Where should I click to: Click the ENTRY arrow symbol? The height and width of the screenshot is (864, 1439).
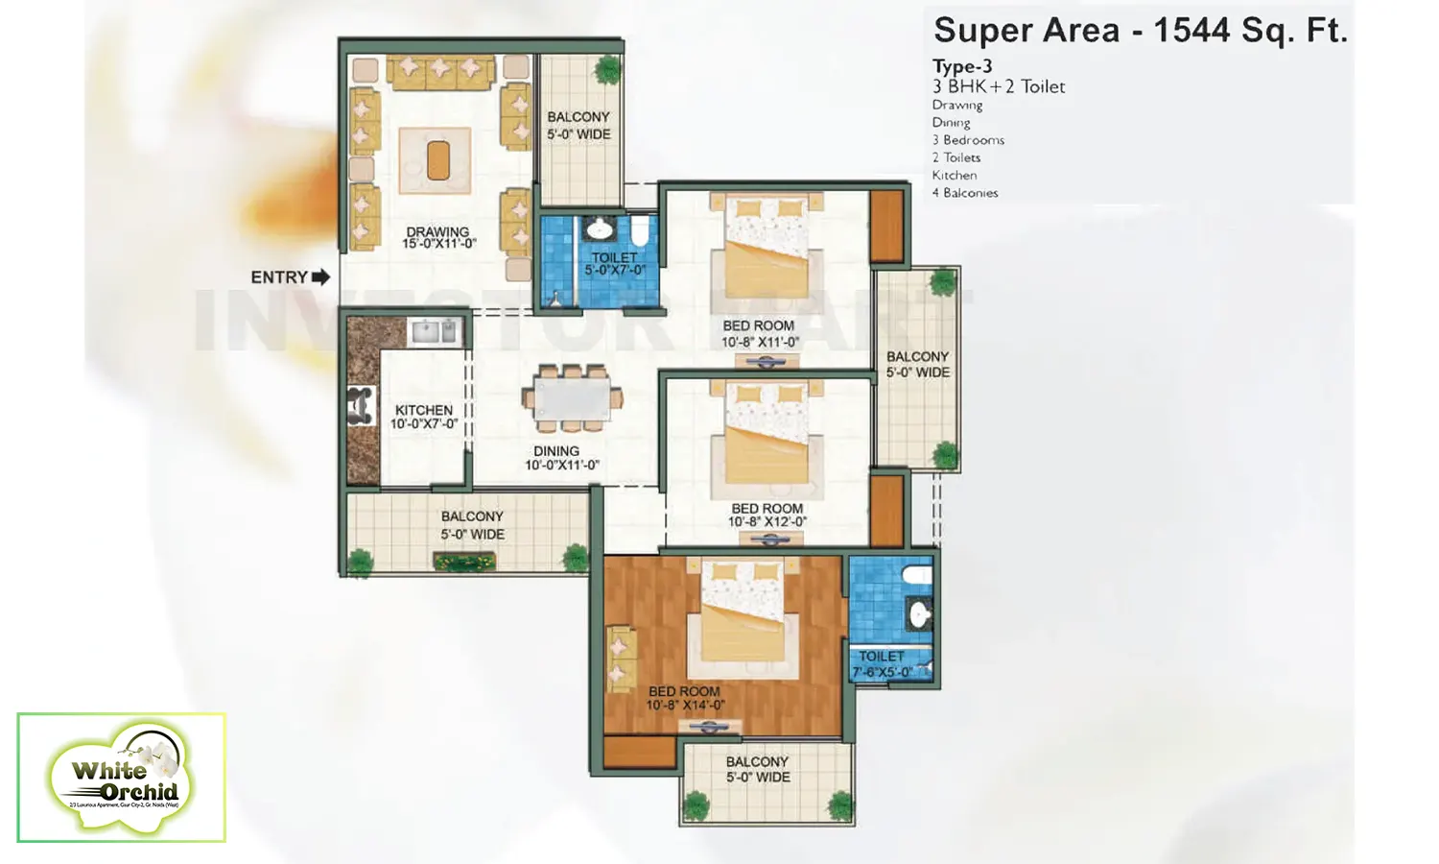[x=320, y=277]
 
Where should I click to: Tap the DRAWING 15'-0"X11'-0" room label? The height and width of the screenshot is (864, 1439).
[x=437, y=237]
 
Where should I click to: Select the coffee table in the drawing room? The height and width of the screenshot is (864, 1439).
[x=437, y=160]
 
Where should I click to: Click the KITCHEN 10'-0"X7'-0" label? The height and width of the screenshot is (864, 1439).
[x=423, y=417]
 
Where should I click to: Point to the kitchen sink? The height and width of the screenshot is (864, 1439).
[x=436, y=332]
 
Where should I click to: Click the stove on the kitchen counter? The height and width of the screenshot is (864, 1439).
[x=361, y=405]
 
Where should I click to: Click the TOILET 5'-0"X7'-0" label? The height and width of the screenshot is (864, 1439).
[x=614, y=264]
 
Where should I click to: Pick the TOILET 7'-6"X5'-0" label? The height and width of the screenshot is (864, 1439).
[x=882, y=664]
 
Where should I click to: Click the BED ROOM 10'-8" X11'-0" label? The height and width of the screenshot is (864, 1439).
[x=759, y=333]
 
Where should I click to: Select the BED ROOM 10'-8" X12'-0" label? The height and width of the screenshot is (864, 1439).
[x=767, y=516]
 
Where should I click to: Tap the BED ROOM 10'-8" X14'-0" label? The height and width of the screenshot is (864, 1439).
[x=684, y=698]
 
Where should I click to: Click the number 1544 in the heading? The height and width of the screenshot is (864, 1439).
[x=1191, y=31]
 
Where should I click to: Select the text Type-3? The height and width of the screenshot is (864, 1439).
[x=961, y=66]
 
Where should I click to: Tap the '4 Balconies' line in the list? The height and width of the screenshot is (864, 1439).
[x=965, y=193]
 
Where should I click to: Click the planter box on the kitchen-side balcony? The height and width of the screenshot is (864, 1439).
[x=464, y=562]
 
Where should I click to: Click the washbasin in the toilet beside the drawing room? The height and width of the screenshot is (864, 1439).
[x=600, y=229]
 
